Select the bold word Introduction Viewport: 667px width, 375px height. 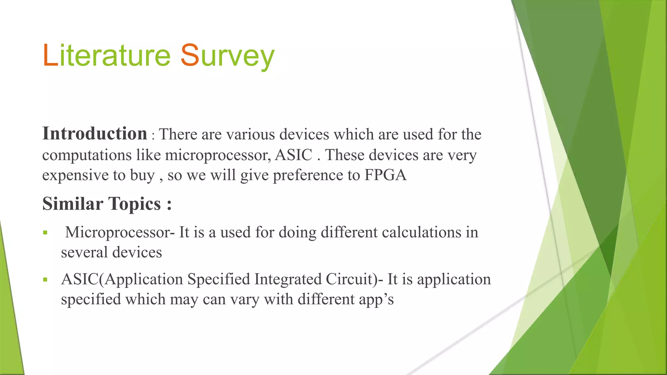coord(95,133)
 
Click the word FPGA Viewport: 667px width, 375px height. coord(385,175)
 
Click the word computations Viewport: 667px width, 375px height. coord(87,155)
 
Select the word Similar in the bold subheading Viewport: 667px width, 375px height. coord(73,204)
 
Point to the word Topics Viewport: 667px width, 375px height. coord(134,204)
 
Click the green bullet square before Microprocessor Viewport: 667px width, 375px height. coord(45,233)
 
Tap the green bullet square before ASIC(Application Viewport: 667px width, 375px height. coord(45,280)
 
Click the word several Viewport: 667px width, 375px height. coord(84,252)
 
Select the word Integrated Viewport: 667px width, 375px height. coord(288,279)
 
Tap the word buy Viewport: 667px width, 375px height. coord(142,175)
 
